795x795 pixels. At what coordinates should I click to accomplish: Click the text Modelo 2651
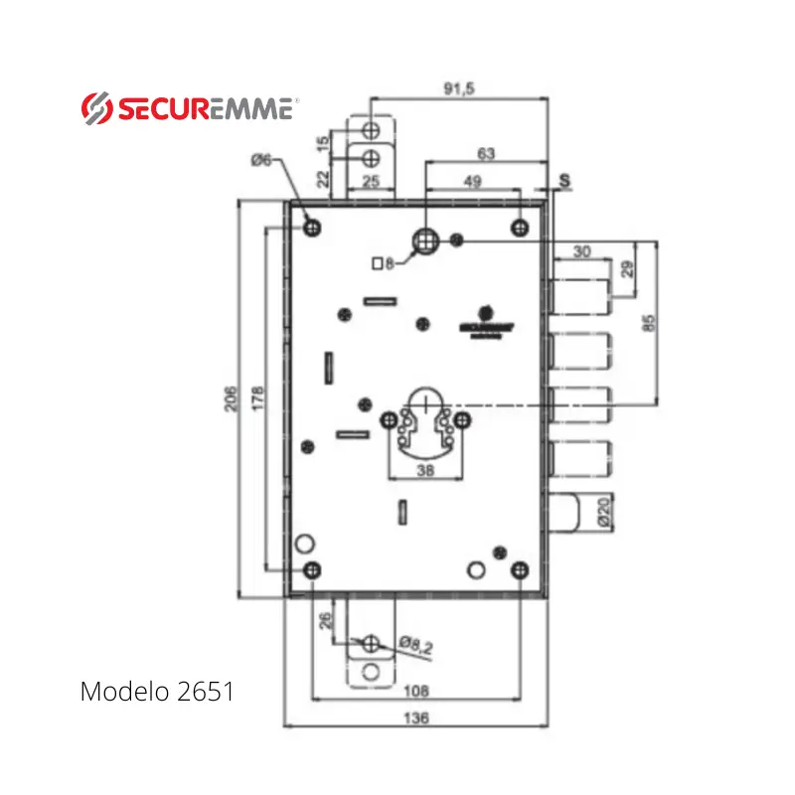click(x=157, y=691)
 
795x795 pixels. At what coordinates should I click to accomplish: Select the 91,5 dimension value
click(x=458, y=88)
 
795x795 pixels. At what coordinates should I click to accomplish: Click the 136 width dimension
click(x=417, y=718)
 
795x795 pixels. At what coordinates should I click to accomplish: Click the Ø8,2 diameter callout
click(x=415, y=647)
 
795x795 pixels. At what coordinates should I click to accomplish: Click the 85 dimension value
click(x=649, y=322)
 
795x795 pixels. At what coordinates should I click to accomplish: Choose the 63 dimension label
click(x=486, y=154)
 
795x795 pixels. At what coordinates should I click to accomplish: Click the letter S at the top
click(x=564, y=180)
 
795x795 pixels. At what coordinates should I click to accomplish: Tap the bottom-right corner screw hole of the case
click(x=519, y=569)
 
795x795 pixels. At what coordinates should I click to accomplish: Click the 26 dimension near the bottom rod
click(x=324, y=623)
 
